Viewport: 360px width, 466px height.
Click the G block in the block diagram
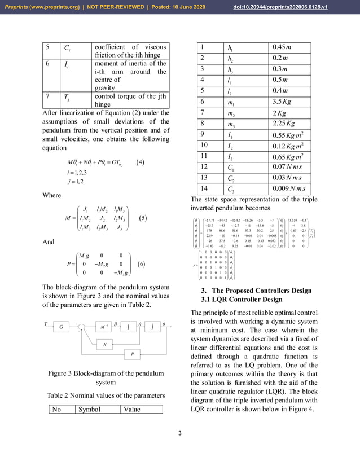tap(60, 326)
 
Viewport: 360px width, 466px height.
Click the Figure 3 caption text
tap(104, 377)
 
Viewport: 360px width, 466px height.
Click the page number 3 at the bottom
tap(179, 433)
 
